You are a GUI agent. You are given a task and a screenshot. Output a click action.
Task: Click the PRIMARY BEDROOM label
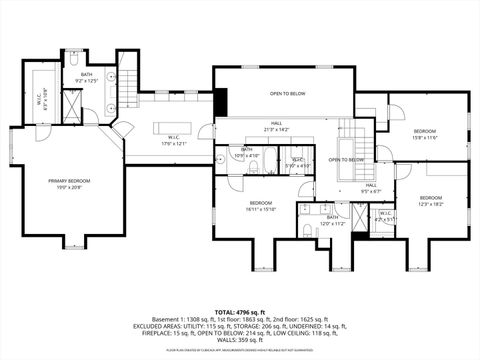tap(68, 182)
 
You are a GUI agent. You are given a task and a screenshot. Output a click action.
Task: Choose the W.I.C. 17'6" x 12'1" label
tap(173, 140)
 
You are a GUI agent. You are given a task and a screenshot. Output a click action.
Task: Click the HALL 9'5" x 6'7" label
tap(370, 187)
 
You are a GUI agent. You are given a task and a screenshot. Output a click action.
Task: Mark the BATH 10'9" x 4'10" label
tap(246, 153)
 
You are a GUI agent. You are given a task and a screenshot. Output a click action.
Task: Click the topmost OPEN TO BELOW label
tap(287, 93)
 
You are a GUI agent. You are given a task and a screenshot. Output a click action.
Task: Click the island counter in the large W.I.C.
tap(174, 125)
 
